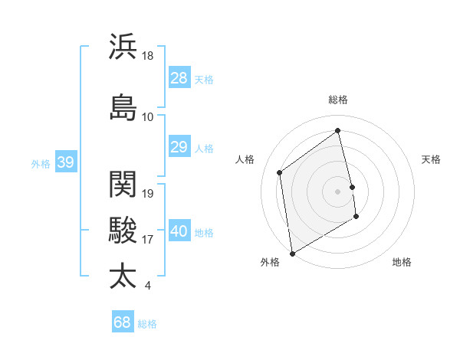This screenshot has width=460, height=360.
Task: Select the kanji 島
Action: coord(123,107)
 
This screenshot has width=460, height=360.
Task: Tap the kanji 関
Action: coord(123,185)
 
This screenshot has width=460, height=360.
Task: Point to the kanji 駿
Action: coord(123,230)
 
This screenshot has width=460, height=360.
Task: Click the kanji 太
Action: coord(123,276)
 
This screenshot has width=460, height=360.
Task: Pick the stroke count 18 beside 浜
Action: coord(148,56)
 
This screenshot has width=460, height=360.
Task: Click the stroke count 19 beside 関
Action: coord(149,194)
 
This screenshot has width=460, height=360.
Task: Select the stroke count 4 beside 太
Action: coord(147,286)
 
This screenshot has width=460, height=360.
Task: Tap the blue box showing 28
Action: coord(179,79)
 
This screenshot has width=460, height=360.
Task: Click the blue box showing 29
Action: coord(179,148)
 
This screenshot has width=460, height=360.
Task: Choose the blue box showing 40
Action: coord(179,232)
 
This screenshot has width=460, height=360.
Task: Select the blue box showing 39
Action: coord(66,162)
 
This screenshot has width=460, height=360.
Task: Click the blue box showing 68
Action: coord(123,322)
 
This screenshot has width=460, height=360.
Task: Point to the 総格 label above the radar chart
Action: coord(338,100)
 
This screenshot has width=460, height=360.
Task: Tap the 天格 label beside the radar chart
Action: coord(431,159)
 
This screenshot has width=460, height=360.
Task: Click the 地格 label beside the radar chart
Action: coord(402,262)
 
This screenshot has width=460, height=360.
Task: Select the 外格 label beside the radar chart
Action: coord(270,262)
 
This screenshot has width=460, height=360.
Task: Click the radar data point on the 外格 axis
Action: coord(292,253)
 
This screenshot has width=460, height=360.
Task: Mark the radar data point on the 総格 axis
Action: coord(338,130)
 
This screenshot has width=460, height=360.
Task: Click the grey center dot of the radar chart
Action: coord(338,191)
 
